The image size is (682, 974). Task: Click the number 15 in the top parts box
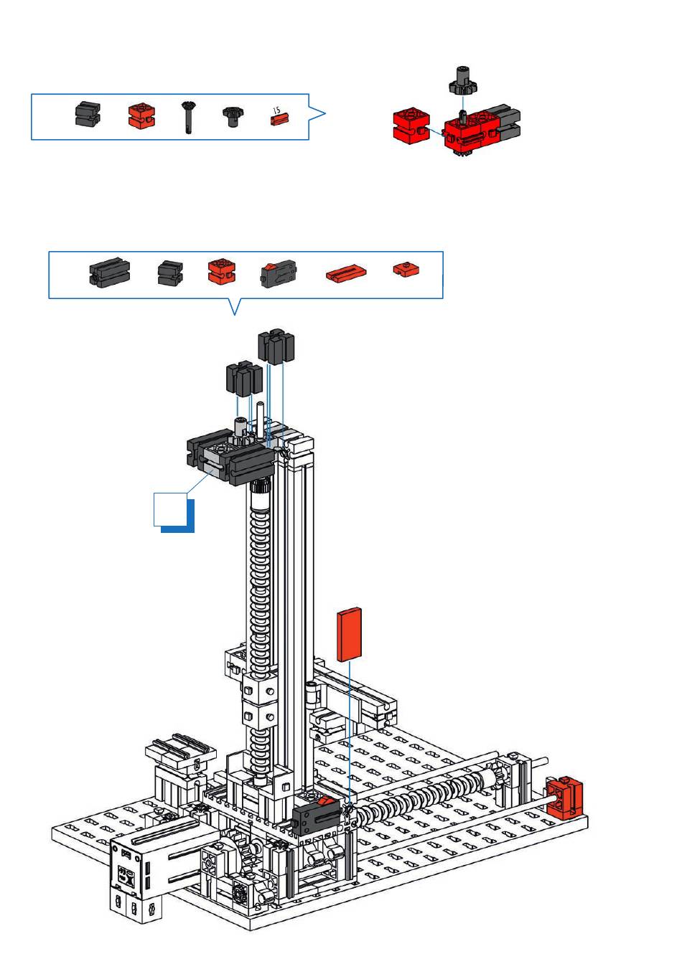276,110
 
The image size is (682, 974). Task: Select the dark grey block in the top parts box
88,114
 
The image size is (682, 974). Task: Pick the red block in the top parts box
142,115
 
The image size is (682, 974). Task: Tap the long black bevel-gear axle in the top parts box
188,117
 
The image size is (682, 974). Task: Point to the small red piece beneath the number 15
279,119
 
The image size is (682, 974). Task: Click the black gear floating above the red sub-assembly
462,81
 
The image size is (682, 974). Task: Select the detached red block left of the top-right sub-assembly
411,126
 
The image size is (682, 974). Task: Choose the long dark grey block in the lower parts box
110,273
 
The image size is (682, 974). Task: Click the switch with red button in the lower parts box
279,274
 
